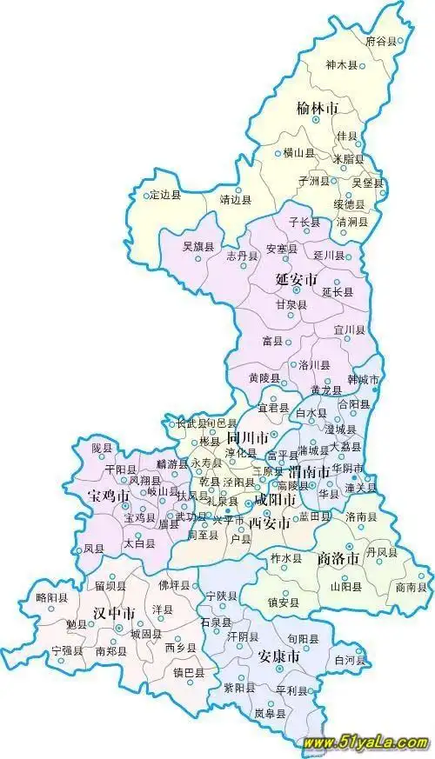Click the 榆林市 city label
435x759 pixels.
click(x=317, y=108)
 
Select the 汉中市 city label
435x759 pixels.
click(x=113, y=614)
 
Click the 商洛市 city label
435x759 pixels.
click(x=338, y=558)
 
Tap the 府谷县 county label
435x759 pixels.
click(x=380, y=41)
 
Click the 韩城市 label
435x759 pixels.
click(x=364, y=380)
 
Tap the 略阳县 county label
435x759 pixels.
click(x=52, y=598)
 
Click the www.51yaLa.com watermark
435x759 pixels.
click(x=365, y=744)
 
